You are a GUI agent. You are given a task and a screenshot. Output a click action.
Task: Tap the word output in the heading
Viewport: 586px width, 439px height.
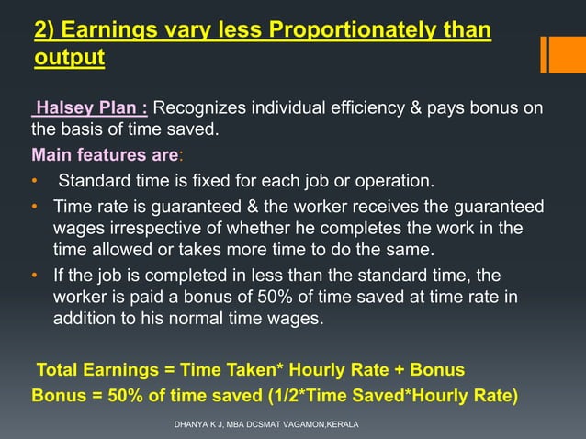[69, 59]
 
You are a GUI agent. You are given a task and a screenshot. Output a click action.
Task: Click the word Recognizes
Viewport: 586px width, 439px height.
[208, 110]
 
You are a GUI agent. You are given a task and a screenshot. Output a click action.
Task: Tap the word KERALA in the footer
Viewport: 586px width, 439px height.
[339, 424]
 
